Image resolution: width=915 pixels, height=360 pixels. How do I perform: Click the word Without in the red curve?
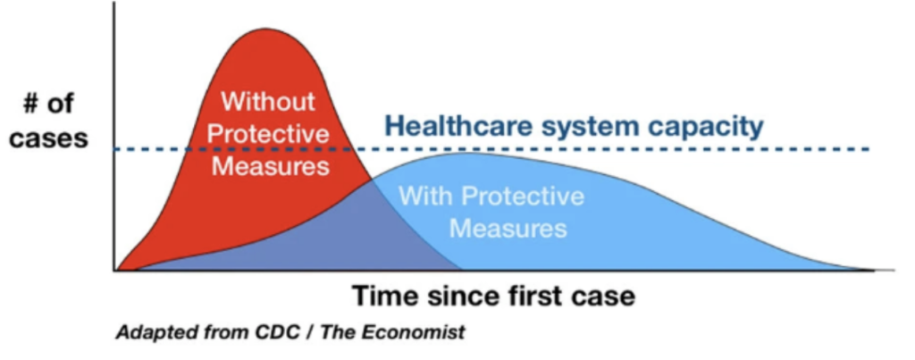click(268, 102)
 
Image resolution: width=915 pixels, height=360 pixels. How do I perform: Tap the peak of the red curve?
click(266, 28)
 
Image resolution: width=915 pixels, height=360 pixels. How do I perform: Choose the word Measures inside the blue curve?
click(508, 228)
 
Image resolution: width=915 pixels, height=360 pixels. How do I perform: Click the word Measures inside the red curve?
click(270, 166)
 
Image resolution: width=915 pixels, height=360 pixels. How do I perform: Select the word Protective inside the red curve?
click(268, 134)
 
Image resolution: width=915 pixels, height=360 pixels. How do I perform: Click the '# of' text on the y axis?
click(48, 104)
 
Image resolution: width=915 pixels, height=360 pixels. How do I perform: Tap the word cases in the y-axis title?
click(48, 139)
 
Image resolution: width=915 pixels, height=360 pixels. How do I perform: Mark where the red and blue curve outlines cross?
click(372, 179)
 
